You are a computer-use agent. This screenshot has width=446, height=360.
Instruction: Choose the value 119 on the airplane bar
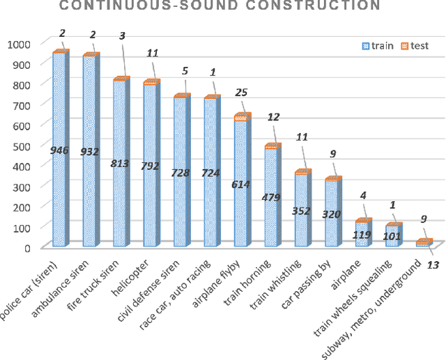[x=362, y=235]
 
